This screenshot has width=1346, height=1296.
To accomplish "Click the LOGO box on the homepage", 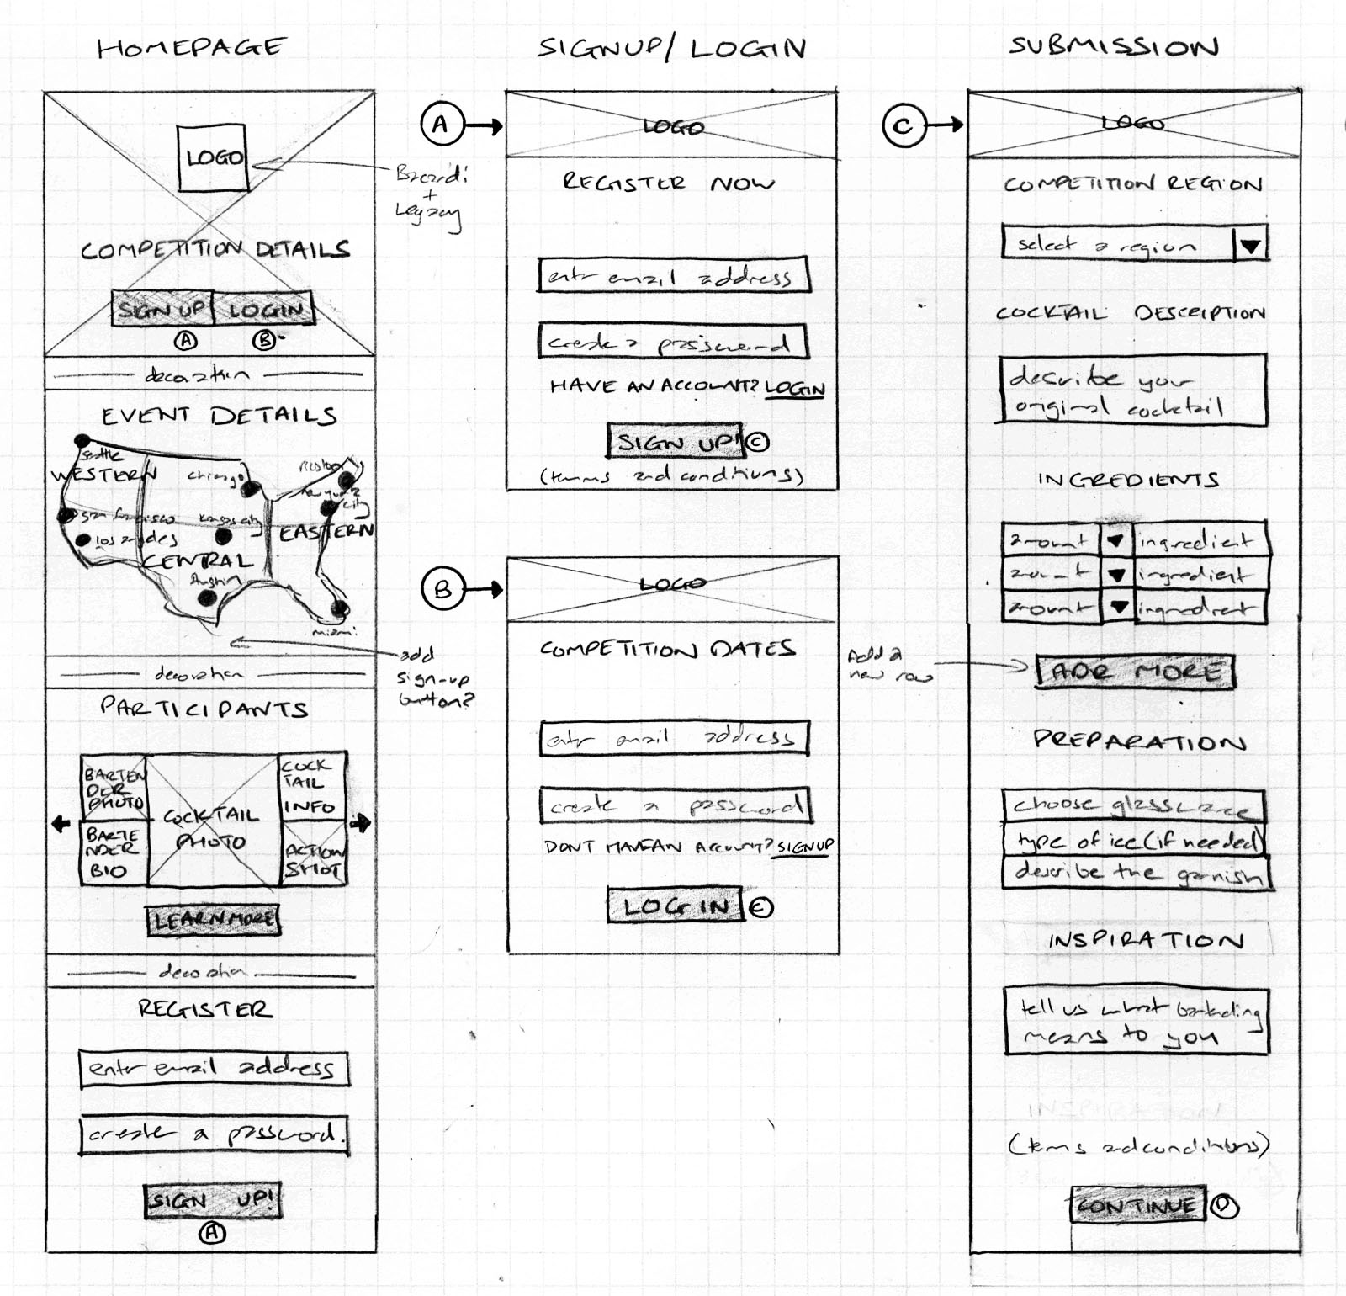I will click(x=213, y=157).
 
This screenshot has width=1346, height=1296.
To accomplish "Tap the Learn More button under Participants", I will click(x=213, y=919).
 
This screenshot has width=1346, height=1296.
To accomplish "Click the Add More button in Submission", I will click(x=1135, y=672).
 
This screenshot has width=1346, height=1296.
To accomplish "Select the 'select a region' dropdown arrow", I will click(x=1250, y=246).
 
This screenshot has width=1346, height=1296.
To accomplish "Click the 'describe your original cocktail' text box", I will click(x=1131, y=390).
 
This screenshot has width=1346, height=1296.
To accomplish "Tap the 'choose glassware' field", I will click(x=1133, y=805).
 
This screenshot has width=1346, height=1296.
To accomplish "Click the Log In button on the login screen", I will click(x=676, y=906).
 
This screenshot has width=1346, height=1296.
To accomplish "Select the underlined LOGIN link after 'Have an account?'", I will click(x=795, y=388).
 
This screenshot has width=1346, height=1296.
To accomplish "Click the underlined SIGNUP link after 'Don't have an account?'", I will click(x=805, y=847).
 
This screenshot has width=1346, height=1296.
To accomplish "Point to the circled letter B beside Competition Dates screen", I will click(x=442, y=589).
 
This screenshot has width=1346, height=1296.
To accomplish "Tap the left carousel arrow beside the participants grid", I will click(x=61, y=823).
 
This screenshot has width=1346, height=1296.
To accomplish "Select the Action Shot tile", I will click(x=313, y=860).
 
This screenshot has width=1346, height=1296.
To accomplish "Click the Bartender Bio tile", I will click(x=113, y=853).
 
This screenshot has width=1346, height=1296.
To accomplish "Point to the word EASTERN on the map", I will click(x=326, y=533).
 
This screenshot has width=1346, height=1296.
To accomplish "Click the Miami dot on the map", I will click(x=339, y=608).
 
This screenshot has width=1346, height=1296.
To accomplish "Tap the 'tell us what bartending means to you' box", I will click(x=1136, y=1021).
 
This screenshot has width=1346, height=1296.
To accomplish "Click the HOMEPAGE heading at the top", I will click(x=192, y=47).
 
